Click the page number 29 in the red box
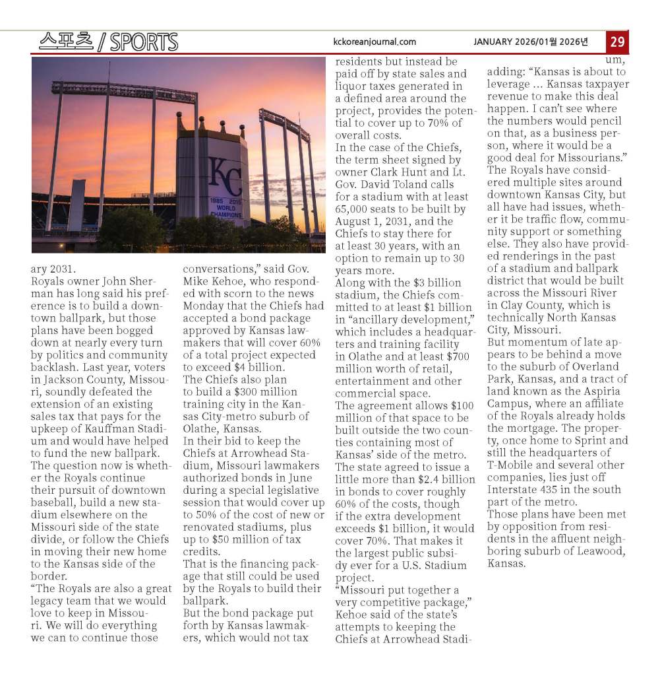[x=618, y=42]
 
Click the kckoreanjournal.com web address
[x=375, y=42]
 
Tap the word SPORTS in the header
[x=144, y=42]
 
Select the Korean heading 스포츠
[x=65, y=42]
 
